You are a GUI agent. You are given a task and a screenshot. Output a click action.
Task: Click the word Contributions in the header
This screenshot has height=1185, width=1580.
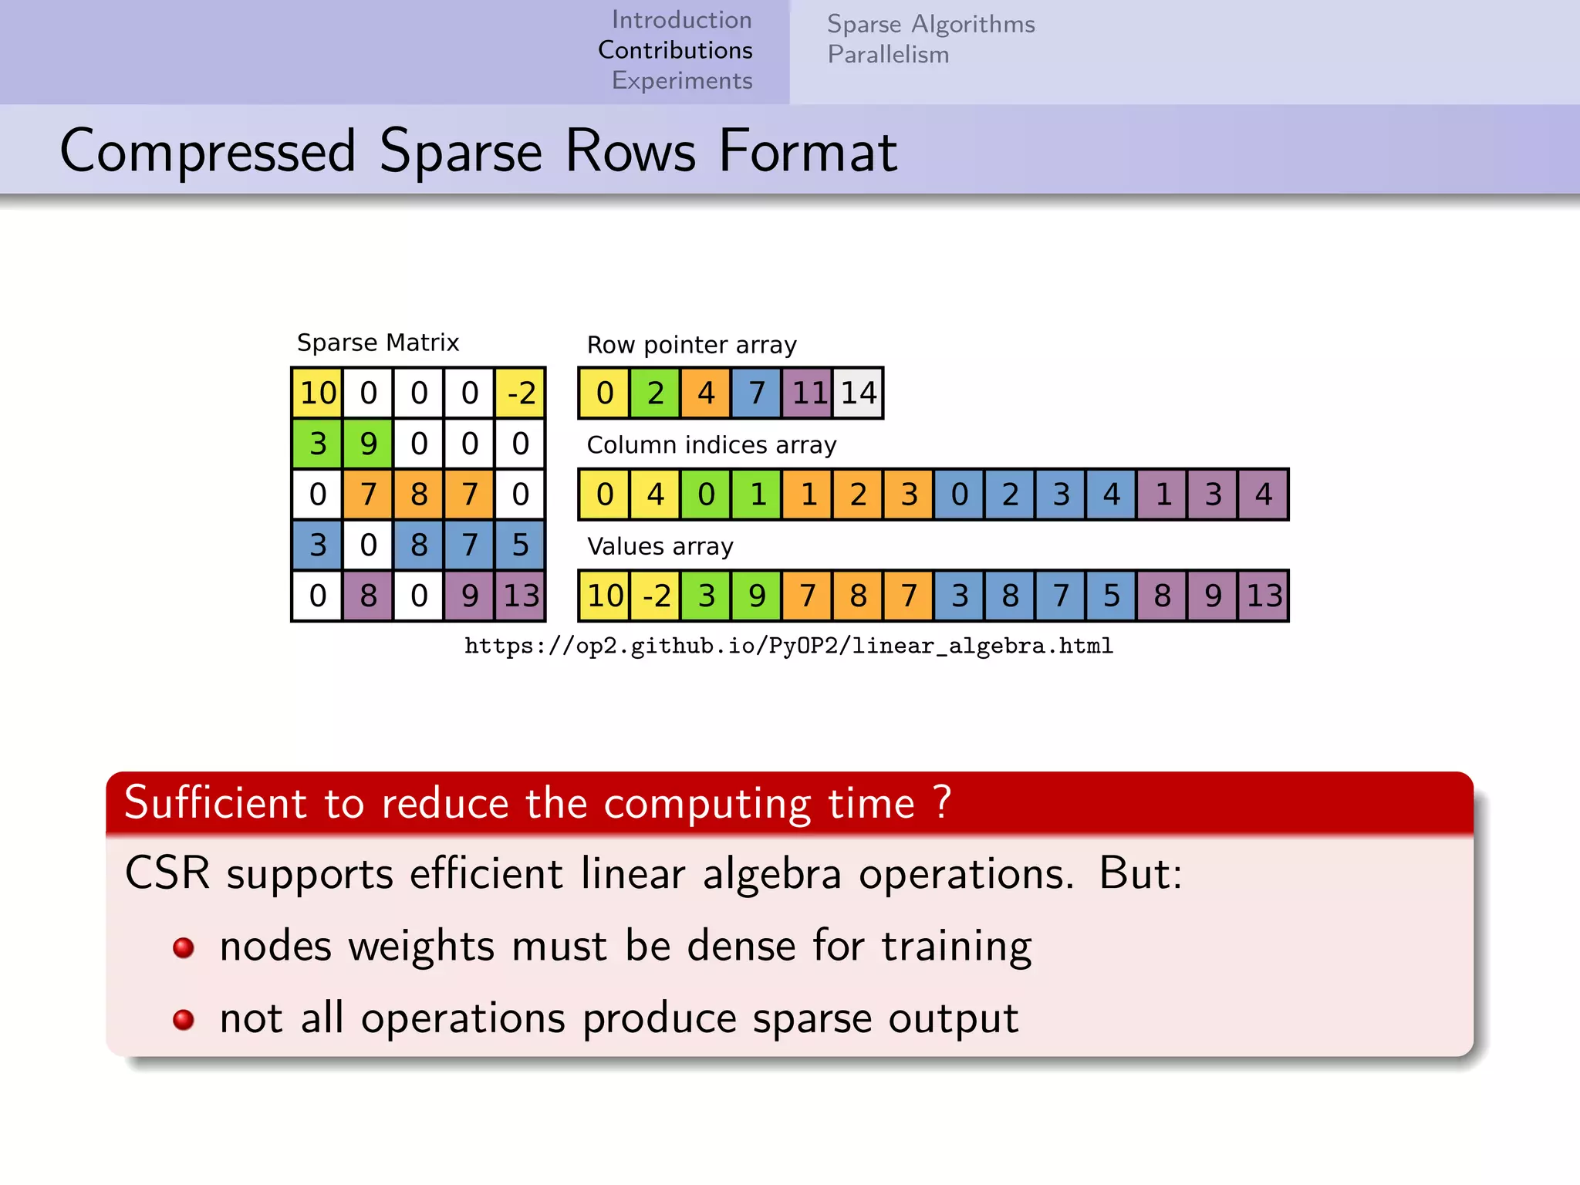(x=675, y=50)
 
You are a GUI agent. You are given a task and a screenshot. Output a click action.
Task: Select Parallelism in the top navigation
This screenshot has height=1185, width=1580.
(x=888, y=55)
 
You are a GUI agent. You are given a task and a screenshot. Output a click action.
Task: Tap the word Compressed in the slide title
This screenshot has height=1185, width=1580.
(x=208, y=150)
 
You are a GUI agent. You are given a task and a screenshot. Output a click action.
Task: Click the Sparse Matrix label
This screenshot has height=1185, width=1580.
(x=378, y=343)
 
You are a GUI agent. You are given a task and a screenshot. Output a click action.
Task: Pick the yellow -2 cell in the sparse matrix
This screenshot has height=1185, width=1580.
(x=521, y=393)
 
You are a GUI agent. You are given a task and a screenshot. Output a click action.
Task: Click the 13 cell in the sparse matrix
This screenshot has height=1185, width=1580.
(x=521, y=596)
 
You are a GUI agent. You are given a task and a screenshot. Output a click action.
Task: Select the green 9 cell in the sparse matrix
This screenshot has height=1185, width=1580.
(x=368, y=444)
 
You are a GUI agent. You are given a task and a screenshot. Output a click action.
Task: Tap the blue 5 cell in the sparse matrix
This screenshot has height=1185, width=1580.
(x=521, y=545)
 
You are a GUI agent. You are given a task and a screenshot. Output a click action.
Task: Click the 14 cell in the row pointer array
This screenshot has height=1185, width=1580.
(x=858, y=393)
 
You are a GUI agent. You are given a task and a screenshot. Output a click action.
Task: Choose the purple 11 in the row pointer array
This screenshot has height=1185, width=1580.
(x=808, y=393)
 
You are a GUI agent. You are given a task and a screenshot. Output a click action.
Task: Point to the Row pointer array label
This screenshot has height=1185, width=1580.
(x=691, y=345)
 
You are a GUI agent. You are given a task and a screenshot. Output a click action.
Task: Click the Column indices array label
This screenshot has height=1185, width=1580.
(x=711, y=445)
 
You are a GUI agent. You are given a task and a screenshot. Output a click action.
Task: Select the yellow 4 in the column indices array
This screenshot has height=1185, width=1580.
(x=655, y=494)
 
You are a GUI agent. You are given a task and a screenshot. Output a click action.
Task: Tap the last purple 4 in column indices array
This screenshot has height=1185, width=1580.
(x=1263, y=494)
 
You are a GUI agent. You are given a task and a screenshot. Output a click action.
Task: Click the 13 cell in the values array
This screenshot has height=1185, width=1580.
(x=1263, y=596)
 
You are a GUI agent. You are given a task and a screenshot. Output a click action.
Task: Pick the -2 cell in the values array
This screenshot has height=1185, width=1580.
(x=655, y=596)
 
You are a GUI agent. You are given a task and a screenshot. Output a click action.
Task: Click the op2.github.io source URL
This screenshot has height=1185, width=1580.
(x=788, y=646)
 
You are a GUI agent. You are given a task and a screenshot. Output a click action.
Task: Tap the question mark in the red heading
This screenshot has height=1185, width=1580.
(x=942, y=802)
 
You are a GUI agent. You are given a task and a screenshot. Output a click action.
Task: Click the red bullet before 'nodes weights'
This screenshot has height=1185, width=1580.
(x=184, y=947)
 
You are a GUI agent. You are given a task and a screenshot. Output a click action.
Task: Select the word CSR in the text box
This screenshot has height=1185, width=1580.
(x=167, y=874)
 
